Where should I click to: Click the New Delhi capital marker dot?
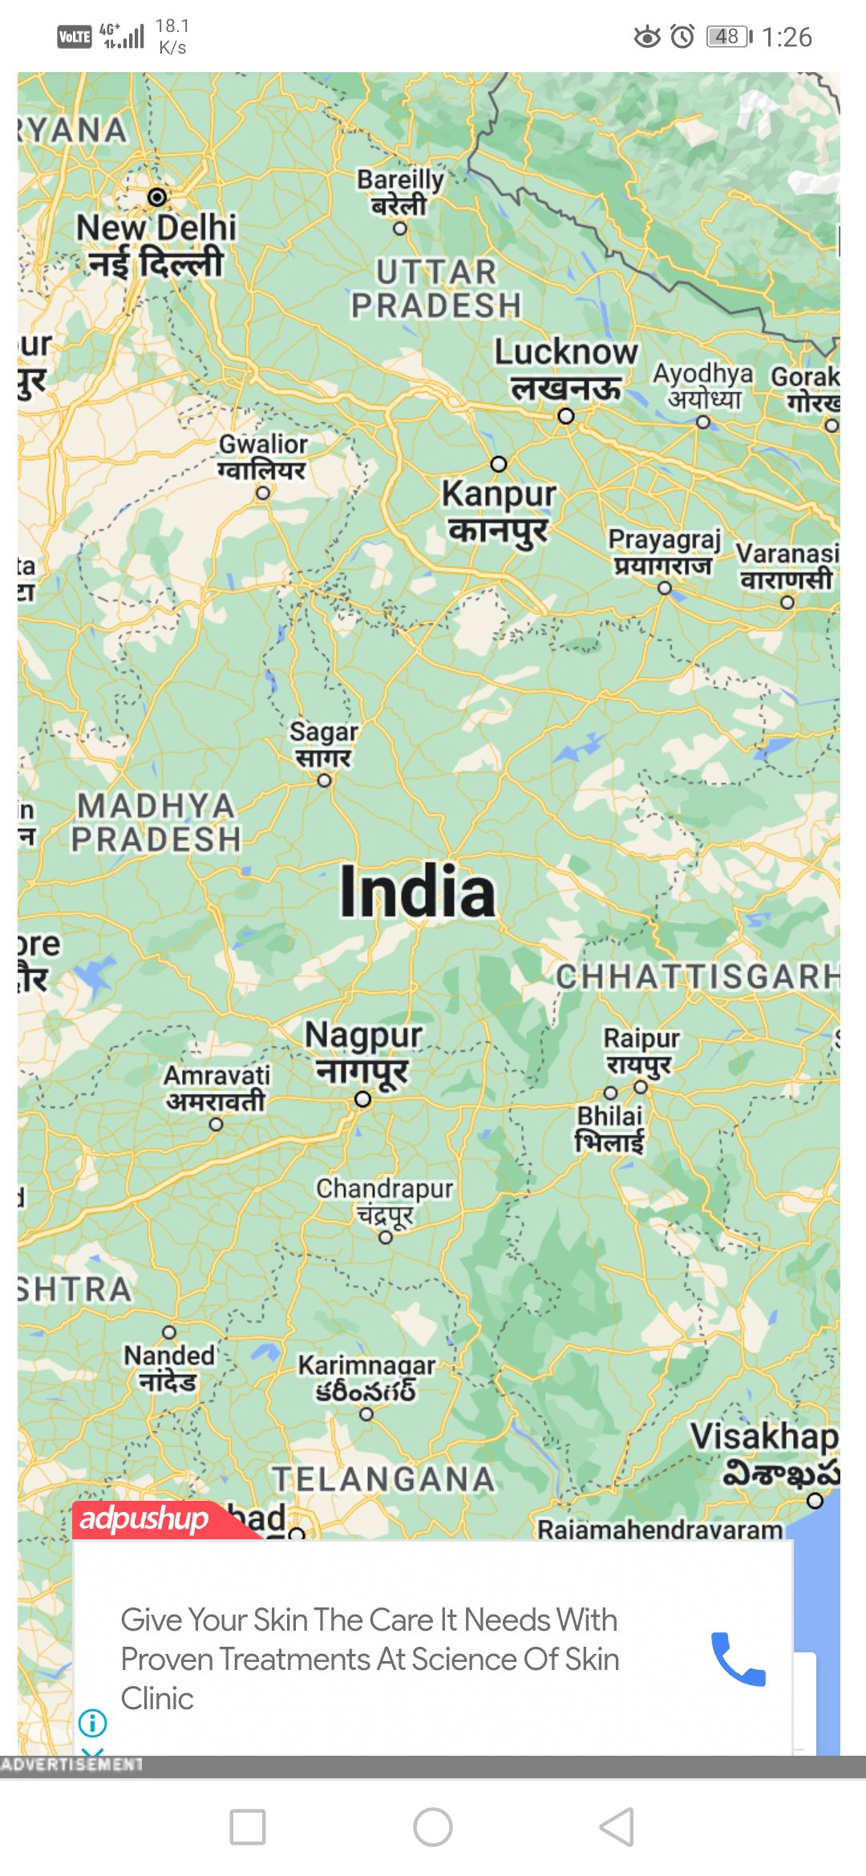[x=157, y=196]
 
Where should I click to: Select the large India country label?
[x=418, y=892]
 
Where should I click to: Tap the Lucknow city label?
[x=565, y=369]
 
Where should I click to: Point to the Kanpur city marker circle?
[x=499, y=464]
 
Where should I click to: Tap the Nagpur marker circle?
[x=363, y=1099]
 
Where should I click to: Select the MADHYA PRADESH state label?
[x=156, y=823]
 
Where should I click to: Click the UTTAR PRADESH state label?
[x=436, y=289]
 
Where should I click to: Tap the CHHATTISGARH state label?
[x=696, y=976]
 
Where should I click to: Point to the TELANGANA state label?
[x=383, y=1479]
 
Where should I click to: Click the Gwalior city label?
[x=262, y=456]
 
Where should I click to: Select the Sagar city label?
[x=323, y=744]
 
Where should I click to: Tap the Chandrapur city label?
[x=384, y=1200]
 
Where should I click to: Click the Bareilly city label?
[x=399, y=192]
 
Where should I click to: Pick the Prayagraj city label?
[x=664, y=552]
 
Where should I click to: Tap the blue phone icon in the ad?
[x=739, y=1659]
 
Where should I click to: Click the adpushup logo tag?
[x=144, y=1518]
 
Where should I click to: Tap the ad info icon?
[x=93, y=1722]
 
